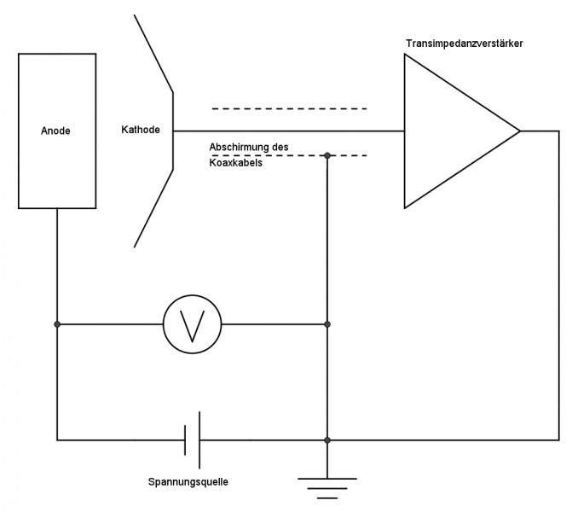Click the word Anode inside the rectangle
(x=55, y=131)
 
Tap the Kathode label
(x=141, y=131)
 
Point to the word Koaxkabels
(x=235, y=162)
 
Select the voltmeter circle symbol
(x=192, y=324)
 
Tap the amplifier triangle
(x=452, y=131)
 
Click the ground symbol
(x=327, y=487)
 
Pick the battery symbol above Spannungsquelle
(x=192, y=440)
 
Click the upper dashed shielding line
(x=289, y=108)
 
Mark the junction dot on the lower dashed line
(x=327, y=155)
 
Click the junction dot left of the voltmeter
(x=57, y=324)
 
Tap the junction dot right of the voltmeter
(x=327, y=324)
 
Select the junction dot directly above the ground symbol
(x=327, y=440)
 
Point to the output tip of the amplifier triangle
(x=518, y=131)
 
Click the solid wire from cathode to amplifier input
(x=290, y=131)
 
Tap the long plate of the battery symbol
(x=199, y=440)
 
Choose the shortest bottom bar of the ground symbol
(x=327, y=497)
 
